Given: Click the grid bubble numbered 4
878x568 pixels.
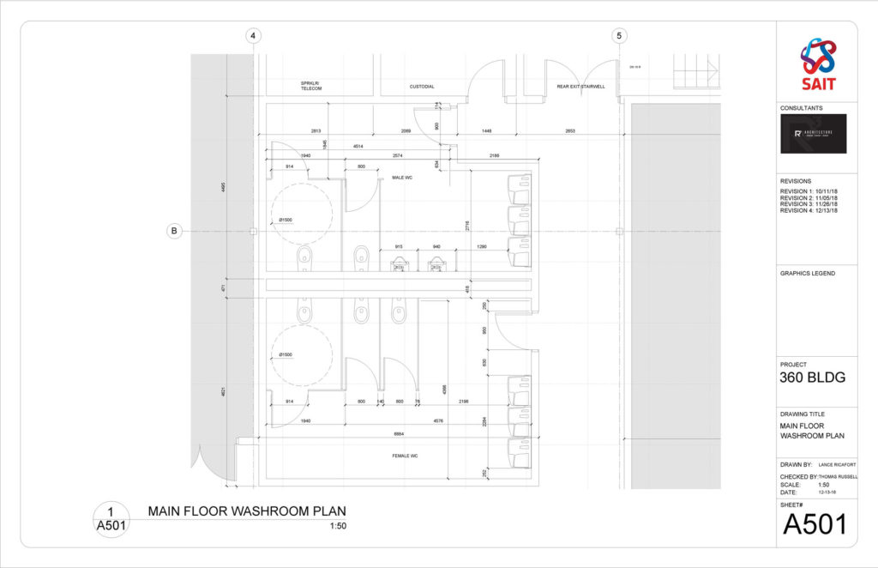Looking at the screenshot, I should coord(252,36).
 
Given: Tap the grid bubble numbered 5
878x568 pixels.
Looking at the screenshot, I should coord(618,36).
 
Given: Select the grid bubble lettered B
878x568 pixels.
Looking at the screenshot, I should coord(174,231).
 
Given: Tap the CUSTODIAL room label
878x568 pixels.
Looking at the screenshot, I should coord(422,87).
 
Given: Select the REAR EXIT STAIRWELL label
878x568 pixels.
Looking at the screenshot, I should coord(580,87).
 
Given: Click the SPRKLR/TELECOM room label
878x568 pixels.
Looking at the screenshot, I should coord(310,87).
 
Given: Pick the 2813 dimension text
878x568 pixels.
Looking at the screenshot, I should coord(316,130).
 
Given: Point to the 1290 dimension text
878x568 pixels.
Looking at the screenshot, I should coord(482,247).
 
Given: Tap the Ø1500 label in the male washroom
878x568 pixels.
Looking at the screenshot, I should coord(286,221).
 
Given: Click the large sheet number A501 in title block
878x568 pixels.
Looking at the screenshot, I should coord(815,523).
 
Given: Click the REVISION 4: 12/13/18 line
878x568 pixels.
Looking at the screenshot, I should coord(809,210).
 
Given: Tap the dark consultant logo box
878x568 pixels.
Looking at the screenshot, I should coord(813,134).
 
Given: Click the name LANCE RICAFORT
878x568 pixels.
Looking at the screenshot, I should coord(837,463).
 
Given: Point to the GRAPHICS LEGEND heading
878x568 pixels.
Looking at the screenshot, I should coord(807,274).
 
